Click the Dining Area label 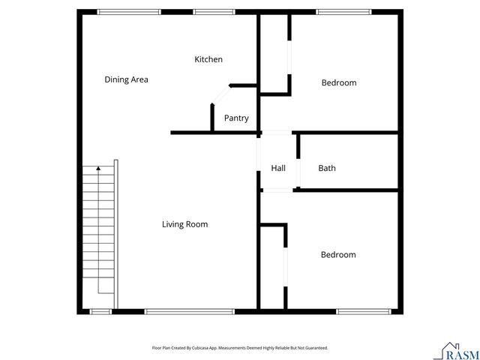pos(126,79)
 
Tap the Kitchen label pos(208,59)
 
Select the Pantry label pos(236,118)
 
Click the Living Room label pos(184,224)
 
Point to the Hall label pos(277,168)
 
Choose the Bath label pos(327,168)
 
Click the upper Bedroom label pos(339,82)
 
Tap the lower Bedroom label pos(338,255)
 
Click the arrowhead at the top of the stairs pos(97,171)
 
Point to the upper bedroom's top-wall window pos(337,11)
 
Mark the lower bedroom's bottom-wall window pos(358,311)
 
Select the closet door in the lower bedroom pos(284,266)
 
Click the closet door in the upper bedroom pos(289,55)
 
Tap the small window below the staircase pos(100,311)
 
